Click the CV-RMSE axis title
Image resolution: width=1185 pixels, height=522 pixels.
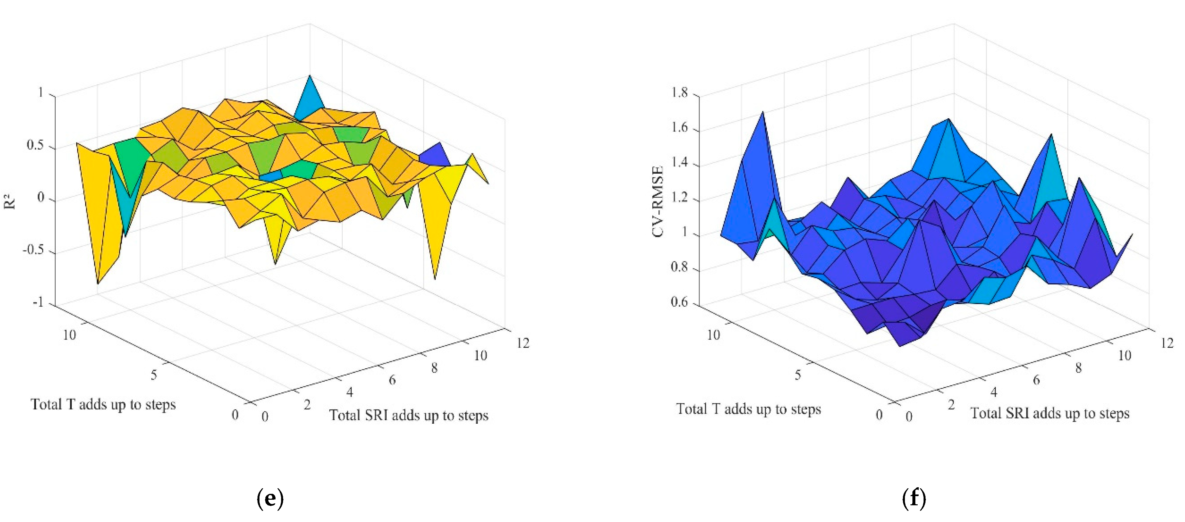click(x=658, y=202)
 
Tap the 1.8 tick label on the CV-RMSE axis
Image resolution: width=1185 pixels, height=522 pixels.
click(x=679, y=93)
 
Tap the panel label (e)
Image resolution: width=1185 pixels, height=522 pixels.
click(x=270, y=498)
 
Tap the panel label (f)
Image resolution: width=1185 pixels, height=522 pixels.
click(x=914, y=498)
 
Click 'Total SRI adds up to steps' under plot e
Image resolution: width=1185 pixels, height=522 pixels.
click(x=409, y=415)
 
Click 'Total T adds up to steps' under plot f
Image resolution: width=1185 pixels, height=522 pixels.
click(x=748, y=409)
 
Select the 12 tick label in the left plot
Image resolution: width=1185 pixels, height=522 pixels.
click(x=523, y=343)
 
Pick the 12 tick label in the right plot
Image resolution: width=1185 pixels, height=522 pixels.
click(x=1167, y=343)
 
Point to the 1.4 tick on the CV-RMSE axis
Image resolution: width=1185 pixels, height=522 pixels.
click(x=679, y=163)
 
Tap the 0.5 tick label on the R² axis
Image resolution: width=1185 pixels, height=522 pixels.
click(x=35, y=145)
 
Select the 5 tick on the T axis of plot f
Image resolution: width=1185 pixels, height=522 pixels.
click(x=798, y=375)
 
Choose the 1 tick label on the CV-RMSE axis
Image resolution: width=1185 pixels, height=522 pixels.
click(x=684, y=232)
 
